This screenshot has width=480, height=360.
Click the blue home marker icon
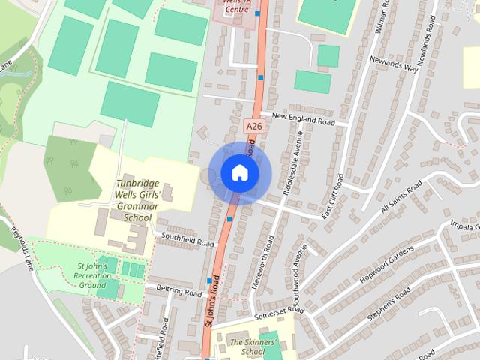coord(239,173)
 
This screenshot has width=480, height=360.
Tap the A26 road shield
coord(253,127)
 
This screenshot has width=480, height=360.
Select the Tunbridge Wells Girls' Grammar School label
coord(138,200)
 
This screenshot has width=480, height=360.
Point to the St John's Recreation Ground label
coord(92,275)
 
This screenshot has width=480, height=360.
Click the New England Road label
coord(303,118)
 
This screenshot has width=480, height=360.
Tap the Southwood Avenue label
coord(299,268)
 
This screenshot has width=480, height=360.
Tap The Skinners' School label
coord(247,346)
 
